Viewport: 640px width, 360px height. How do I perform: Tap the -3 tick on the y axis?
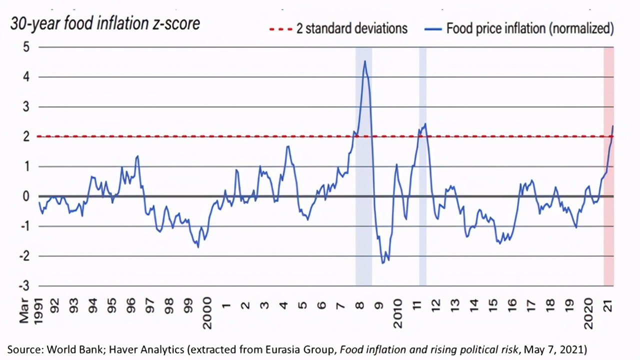24,286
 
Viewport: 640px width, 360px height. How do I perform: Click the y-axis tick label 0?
26,196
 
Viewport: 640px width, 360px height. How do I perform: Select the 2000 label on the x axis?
206,312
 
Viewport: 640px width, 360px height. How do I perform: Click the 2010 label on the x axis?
398,312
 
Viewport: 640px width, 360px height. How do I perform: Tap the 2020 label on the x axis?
589,312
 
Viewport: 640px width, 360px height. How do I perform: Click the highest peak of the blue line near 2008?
365,61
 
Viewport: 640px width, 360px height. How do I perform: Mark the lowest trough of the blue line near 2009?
383,263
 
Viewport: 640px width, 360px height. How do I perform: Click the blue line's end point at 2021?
613,126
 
